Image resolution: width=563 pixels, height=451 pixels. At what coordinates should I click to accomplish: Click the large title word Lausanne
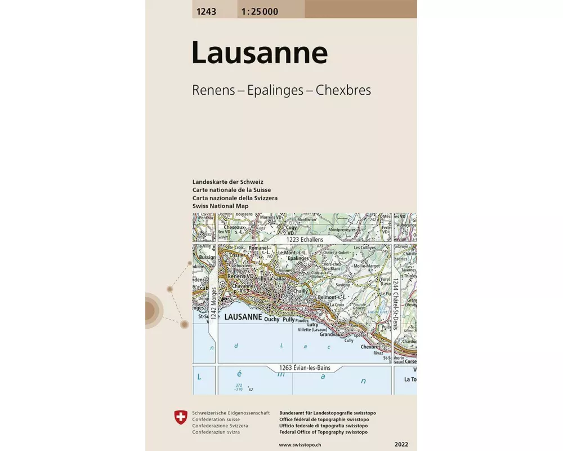tap(260, 53)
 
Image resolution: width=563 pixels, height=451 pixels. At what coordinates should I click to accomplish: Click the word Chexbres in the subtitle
tap(343, 90)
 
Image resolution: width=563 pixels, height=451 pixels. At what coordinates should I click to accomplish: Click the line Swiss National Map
tap(220, 206)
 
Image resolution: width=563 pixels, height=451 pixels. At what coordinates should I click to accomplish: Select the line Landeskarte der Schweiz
tap(227, 183)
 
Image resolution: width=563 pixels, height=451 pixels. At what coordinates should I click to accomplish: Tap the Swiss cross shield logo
tap(181, 417)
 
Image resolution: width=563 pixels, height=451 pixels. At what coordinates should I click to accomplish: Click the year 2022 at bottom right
tap(403, 445)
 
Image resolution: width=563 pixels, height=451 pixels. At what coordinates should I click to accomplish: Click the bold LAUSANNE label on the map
tap(243, 318)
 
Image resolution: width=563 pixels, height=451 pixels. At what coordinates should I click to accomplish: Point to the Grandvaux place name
tap(332, 334)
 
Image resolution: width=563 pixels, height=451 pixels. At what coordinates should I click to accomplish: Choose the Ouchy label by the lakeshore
tap(271, 319)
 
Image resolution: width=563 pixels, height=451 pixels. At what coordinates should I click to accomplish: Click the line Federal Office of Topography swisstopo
tap(323, 432)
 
